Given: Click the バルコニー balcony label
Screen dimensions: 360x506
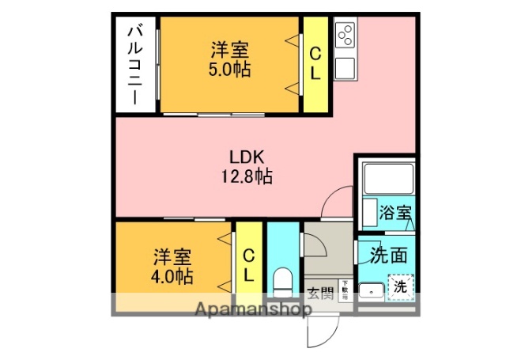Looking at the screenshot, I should coord(135,65).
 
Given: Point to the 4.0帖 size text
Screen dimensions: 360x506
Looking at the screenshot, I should coord(172,276).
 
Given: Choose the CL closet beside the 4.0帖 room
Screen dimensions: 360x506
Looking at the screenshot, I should coord(248,265).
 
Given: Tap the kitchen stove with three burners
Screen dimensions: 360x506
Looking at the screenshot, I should coord(346,36).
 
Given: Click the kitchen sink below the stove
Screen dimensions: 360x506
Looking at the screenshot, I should coord(346,67).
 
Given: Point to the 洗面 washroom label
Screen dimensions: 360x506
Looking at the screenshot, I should coord(389,255).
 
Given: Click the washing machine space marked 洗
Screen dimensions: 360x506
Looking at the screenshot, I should coord(401,287).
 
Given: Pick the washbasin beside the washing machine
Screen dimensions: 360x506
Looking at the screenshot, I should coord(369,290).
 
